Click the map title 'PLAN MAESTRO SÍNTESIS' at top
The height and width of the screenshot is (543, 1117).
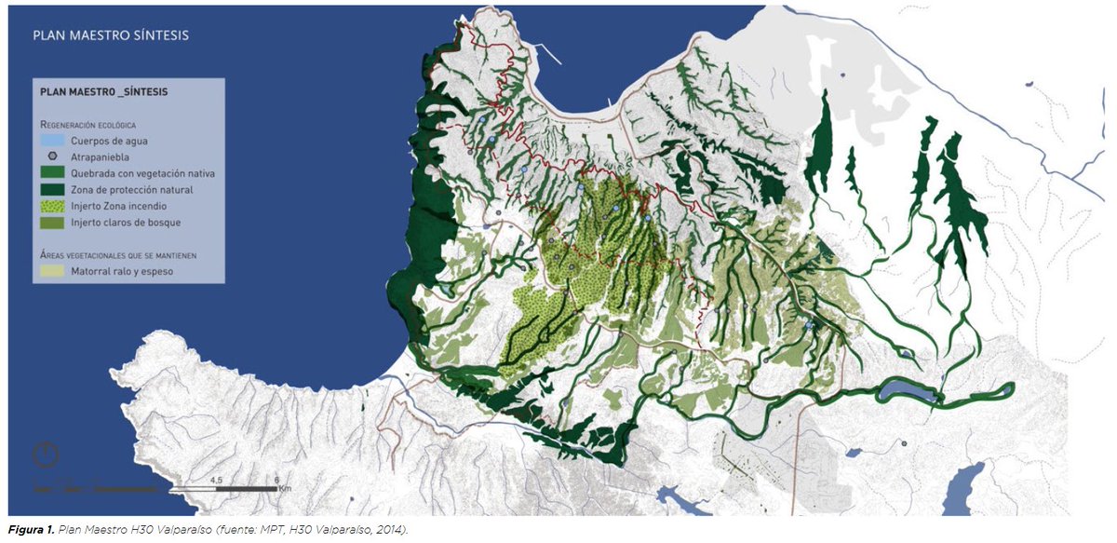111,35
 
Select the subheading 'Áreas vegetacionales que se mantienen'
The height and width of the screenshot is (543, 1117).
117,254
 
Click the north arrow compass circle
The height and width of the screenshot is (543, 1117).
46,456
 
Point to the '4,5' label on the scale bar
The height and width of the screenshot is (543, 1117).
216,479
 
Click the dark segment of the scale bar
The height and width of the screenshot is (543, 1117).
247,487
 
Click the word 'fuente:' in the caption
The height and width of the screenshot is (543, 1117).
233,529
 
